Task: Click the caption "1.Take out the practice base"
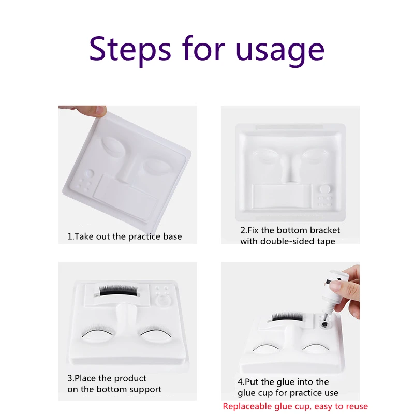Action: coord(125,236)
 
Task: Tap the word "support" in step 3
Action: coord(145,390)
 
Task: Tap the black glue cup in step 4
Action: coord(325,324)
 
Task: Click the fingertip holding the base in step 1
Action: coord(99,111)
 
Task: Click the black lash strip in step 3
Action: coord(119,290)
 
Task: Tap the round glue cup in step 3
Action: coord(162,300)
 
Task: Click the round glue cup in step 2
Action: coord(325,189)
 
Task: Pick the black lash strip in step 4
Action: coord(288,317)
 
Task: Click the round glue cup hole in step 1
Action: coord(90,173)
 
